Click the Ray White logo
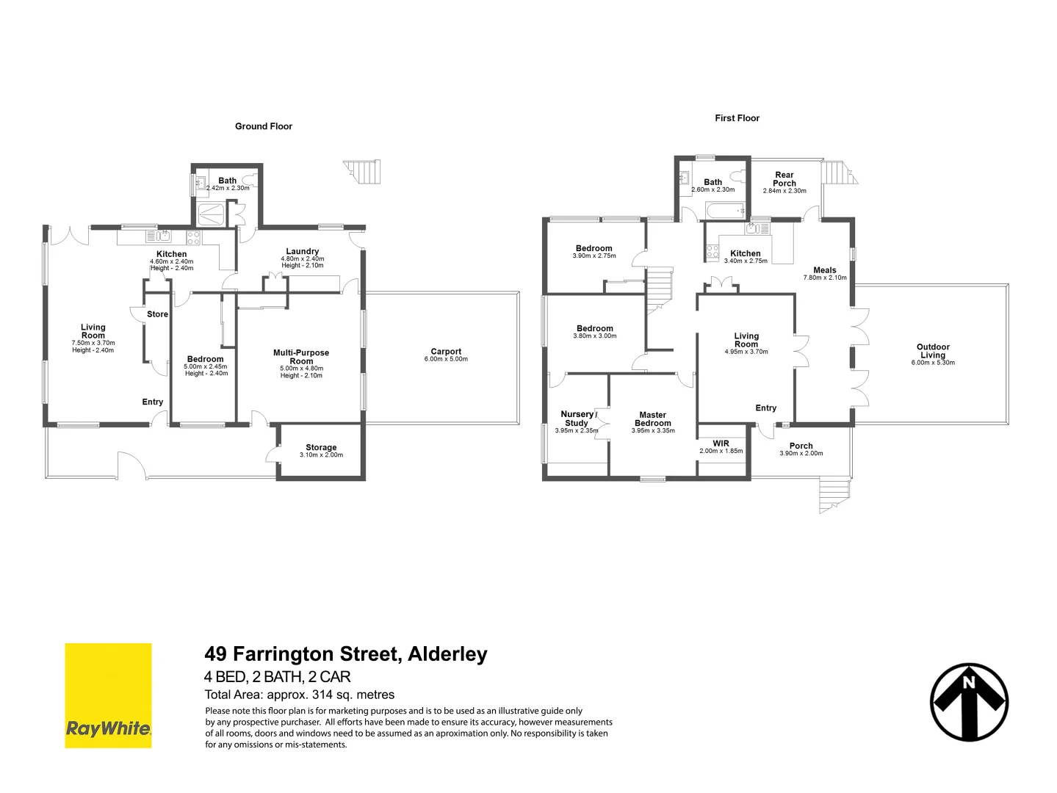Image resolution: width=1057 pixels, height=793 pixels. point(108,695)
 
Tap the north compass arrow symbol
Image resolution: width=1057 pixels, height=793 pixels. point(969,702)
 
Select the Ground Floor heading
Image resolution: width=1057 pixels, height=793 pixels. point(264,126)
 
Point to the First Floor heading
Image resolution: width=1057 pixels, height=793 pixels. point(737,118)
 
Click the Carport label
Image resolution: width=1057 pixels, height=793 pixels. point(446,352)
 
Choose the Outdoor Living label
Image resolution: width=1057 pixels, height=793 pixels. point(933,351)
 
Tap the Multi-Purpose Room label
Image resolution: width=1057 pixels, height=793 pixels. point(301,357)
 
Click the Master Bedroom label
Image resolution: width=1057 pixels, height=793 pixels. point(652,419)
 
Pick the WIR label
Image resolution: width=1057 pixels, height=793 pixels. point(721,443)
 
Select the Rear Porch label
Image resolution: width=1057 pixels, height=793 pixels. point(784,179)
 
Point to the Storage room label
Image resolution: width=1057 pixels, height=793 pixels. point(321,447)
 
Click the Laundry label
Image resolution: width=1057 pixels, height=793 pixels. point(303,251)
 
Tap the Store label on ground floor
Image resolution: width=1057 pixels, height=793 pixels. point(157,314)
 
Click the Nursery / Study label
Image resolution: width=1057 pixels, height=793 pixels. point(577,419)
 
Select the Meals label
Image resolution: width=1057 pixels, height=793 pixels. point(825,270)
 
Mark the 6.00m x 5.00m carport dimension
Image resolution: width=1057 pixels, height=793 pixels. point(446,360)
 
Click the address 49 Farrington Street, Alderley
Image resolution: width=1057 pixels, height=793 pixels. point(346,653)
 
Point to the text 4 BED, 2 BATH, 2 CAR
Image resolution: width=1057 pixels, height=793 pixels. point(278,677)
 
